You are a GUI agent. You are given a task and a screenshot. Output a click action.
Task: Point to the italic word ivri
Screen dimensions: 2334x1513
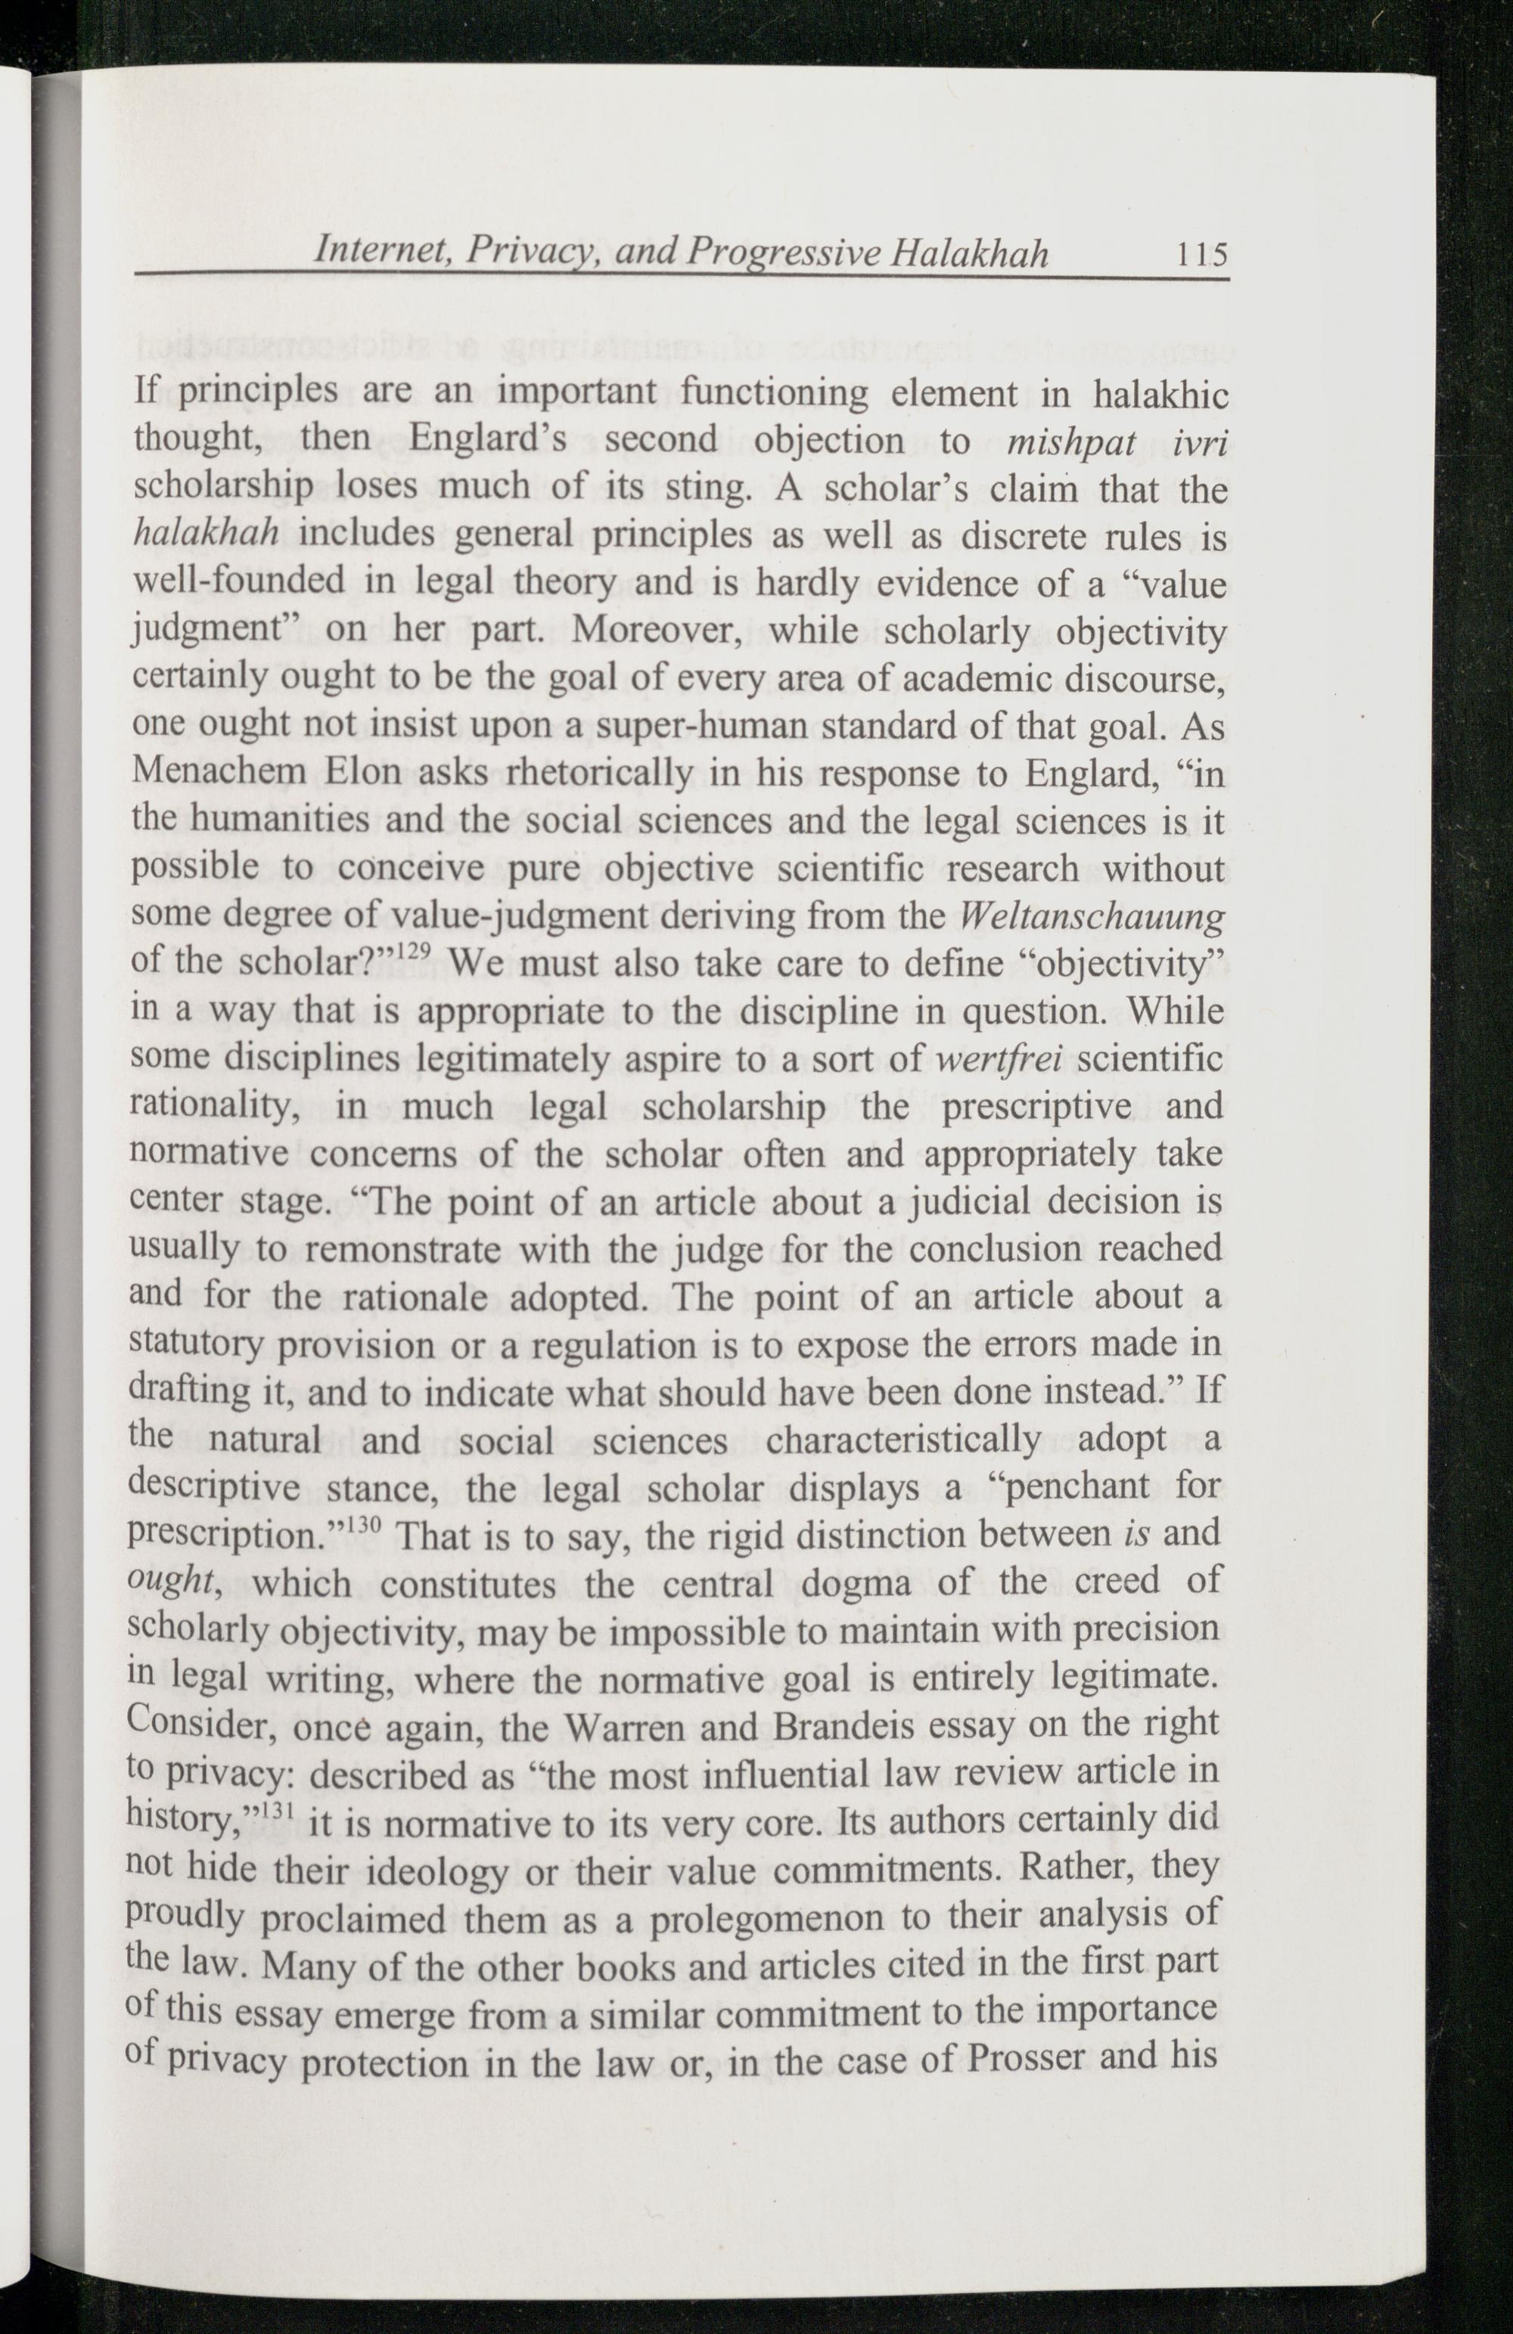click(1200, 442)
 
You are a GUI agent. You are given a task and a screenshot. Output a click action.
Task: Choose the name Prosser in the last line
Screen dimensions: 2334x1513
click(1027, 2057)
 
